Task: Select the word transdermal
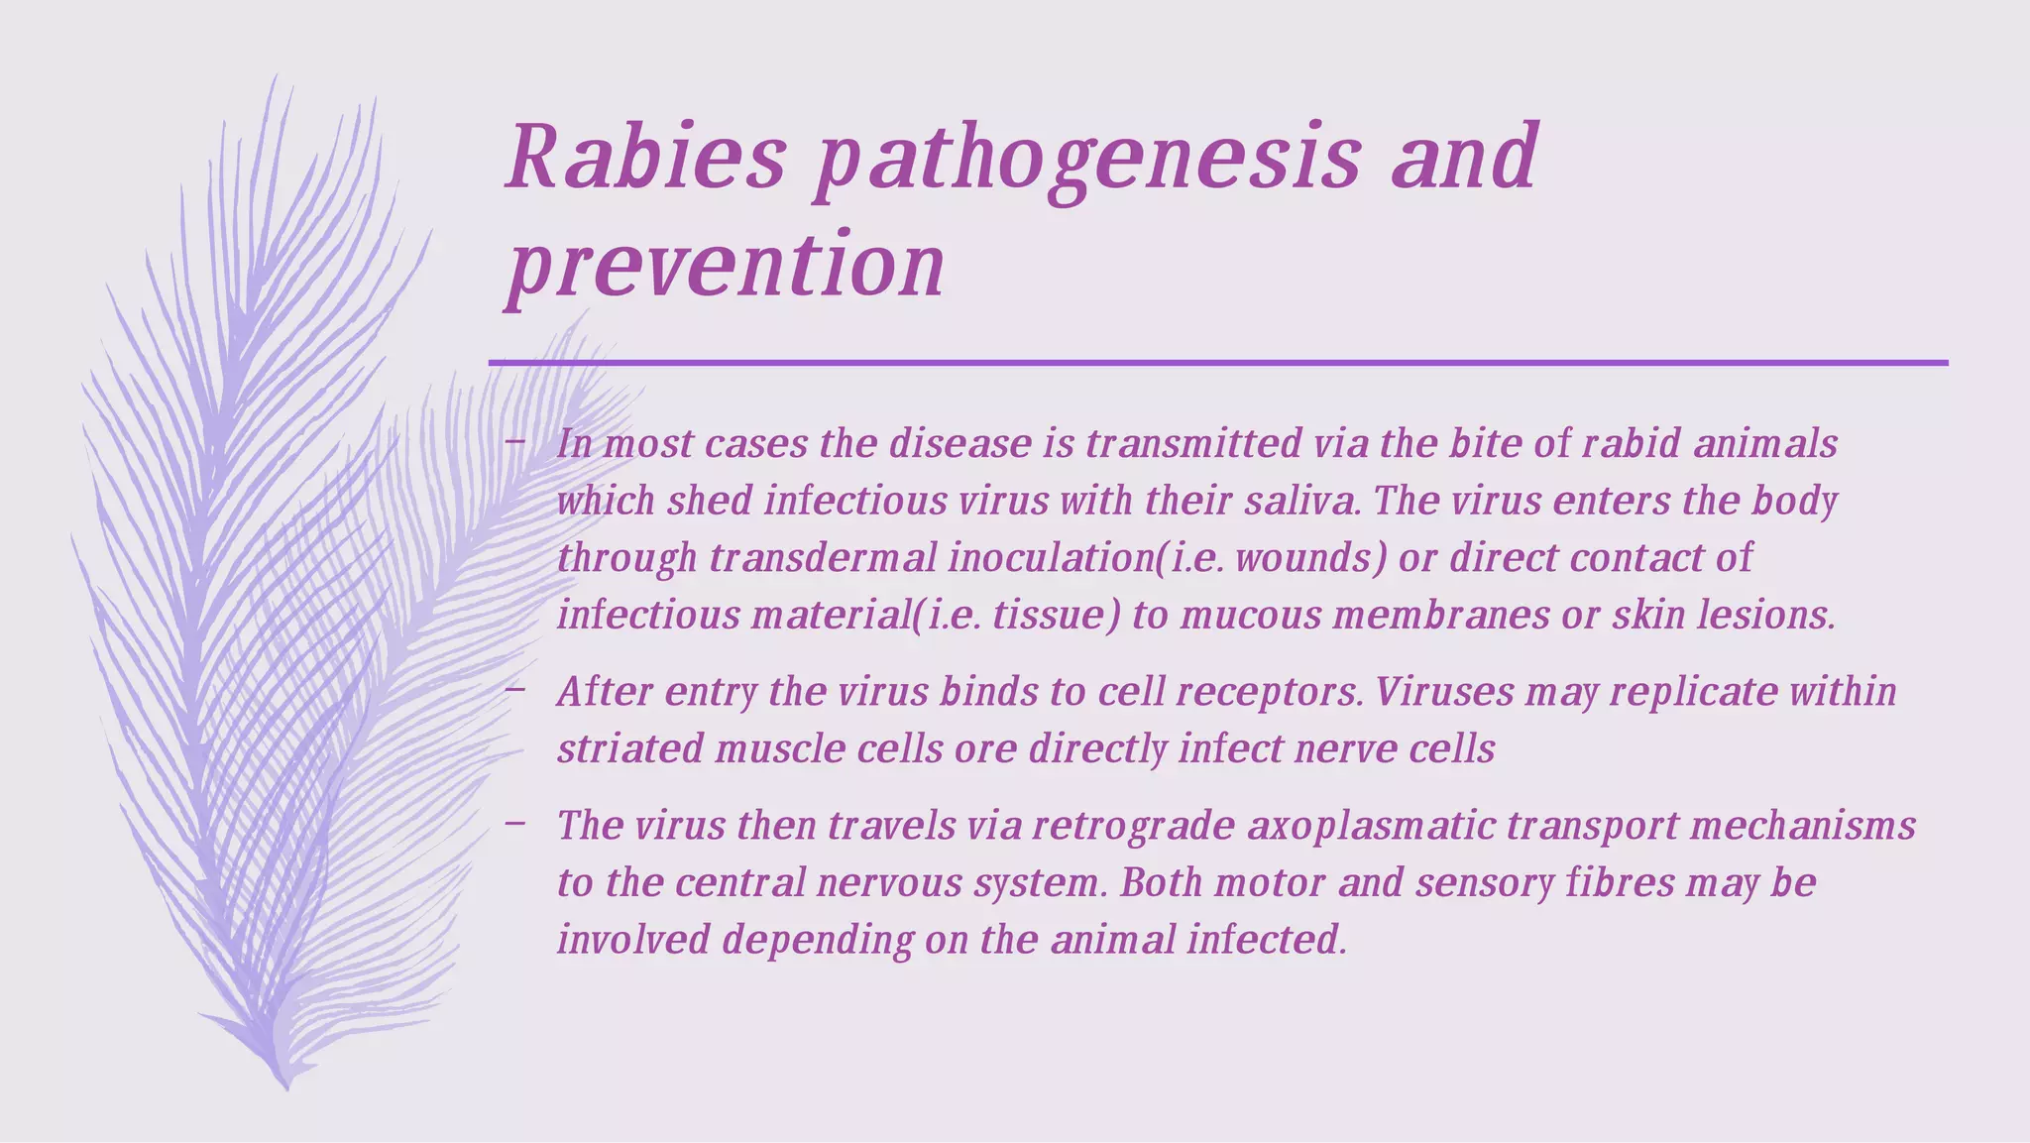pos(823,558)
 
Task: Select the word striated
pos(629,748)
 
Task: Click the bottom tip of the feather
pos(286,1087)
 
